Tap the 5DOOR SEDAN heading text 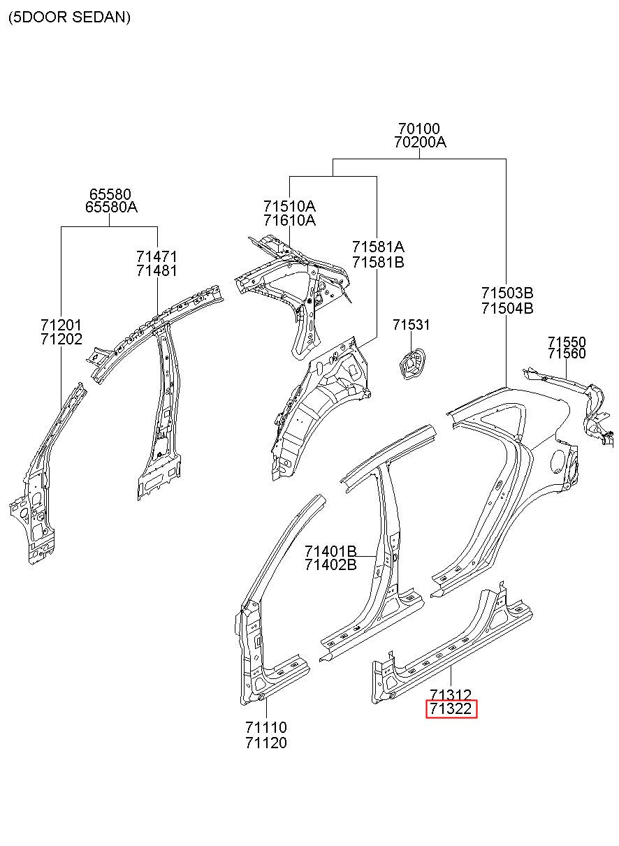tap(69, 17)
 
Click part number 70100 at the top tap(419, 129)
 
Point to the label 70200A tap(420, 143)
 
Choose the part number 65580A tap(111, 207)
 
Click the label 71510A tap(289, 206)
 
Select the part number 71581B tap(378, 262)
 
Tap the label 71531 tap(411, 324)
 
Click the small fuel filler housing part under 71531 tap(412, 364)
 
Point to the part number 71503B tap(507, 293)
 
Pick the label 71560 tap(567, 354)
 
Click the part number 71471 tap(156, 257)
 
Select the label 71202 tap(61, 339)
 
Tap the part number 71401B tap(330, 551)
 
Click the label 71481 tap(156, 270)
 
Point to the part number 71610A tap(289, 220)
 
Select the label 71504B tap(507, 308)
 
